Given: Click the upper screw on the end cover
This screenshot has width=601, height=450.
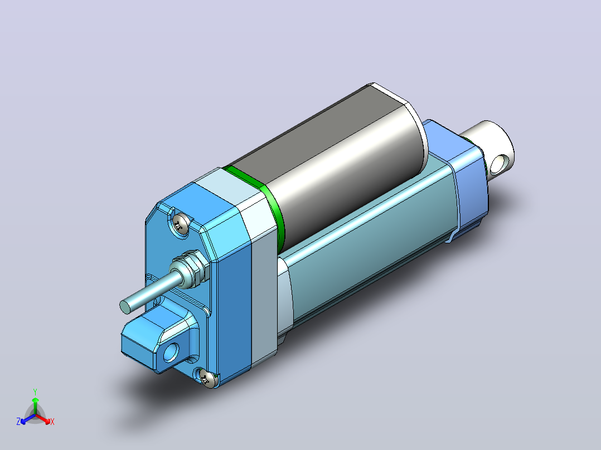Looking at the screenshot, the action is coord(181,224).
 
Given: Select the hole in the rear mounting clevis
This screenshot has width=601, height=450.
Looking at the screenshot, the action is coord(171,353).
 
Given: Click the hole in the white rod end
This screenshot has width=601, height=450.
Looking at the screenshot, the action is coord(498,164).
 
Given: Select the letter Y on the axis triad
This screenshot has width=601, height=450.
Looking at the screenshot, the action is coord(35,392).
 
